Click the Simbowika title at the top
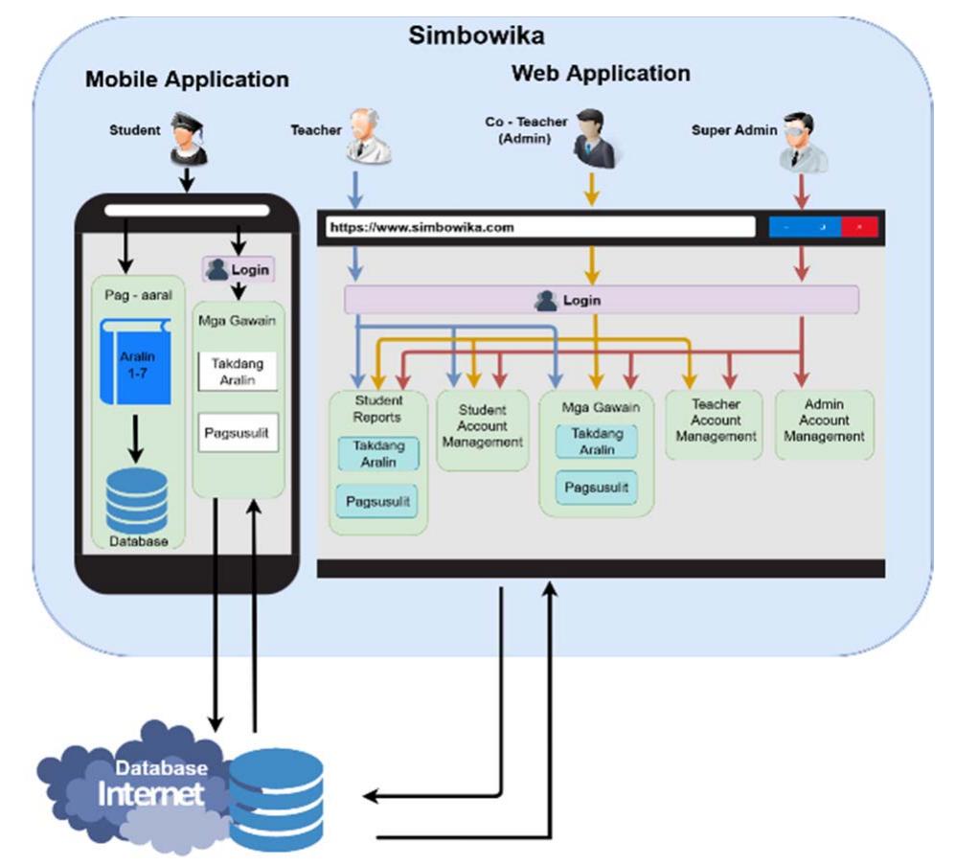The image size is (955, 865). [x=475, y=36]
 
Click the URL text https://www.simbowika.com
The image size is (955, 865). [x=421, y=228]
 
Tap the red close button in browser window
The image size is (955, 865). [x=859, y=228]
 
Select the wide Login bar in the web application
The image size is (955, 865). [x=601, y=300]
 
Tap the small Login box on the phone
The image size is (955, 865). [x=238, y=270]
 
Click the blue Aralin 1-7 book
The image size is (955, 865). [x=135, y=362]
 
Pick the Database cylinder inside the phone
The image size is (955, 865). [x=136, y=501]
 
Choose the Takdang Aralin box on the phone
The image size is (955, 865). [x=238, y=372]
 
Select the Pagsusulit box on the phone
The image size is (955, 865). [x=238, y=433]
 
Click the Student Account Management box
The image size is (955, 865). [x=482, y=428]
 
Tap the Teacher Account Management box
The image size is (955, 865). [x=715, y=421]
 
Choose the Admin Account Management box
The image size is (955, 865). [x=824, y=421]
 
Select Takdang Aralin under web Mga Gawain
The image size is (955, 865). [x=597, y=442]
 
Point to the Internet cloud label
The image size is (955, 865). [x=151, y=794]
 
